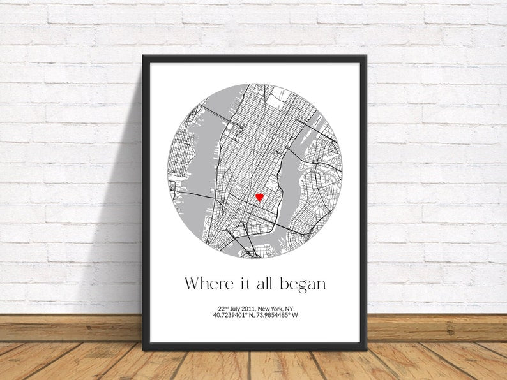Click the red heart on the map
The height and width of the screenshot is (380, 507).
pos(260,198)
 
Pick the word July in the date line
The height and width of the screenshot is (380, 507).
pos(229,309)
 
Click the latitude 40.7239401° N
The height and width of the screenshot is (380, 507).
pos(232,315)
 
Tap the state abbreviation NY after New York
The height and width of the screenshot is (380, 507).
pos(289,309)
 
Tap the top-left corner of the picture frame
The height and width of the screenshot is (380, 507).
pos(144,57)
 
